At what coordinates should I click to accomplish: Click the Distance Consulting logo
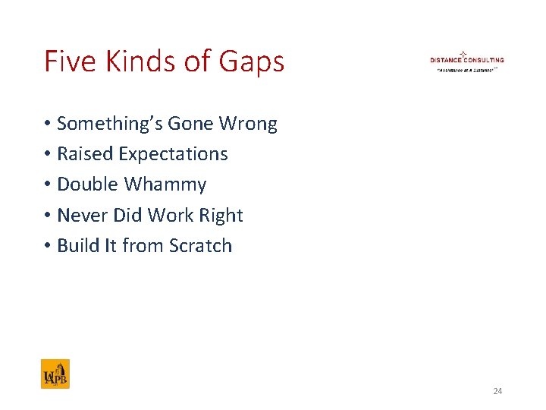pos(466,61)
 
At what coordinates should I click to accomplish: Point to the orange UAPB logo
pos(55,374)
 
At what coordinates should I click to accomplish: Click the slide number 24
pos(497,391)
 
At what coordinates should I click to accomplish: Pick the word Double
pos(88,184)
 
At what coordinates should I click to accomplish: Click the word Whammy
pos(165,185)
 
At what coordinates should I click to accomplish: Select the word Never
pos(83,216)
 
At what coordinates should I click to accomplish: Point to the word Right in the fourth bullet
pos(221,216)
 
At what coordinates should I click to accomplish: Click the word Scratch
pos(201,246)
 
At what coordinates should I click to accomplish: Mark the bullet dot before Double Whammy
pos(47,185)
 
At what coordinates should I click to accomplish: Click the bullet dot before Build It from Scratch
pos(47,246)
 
